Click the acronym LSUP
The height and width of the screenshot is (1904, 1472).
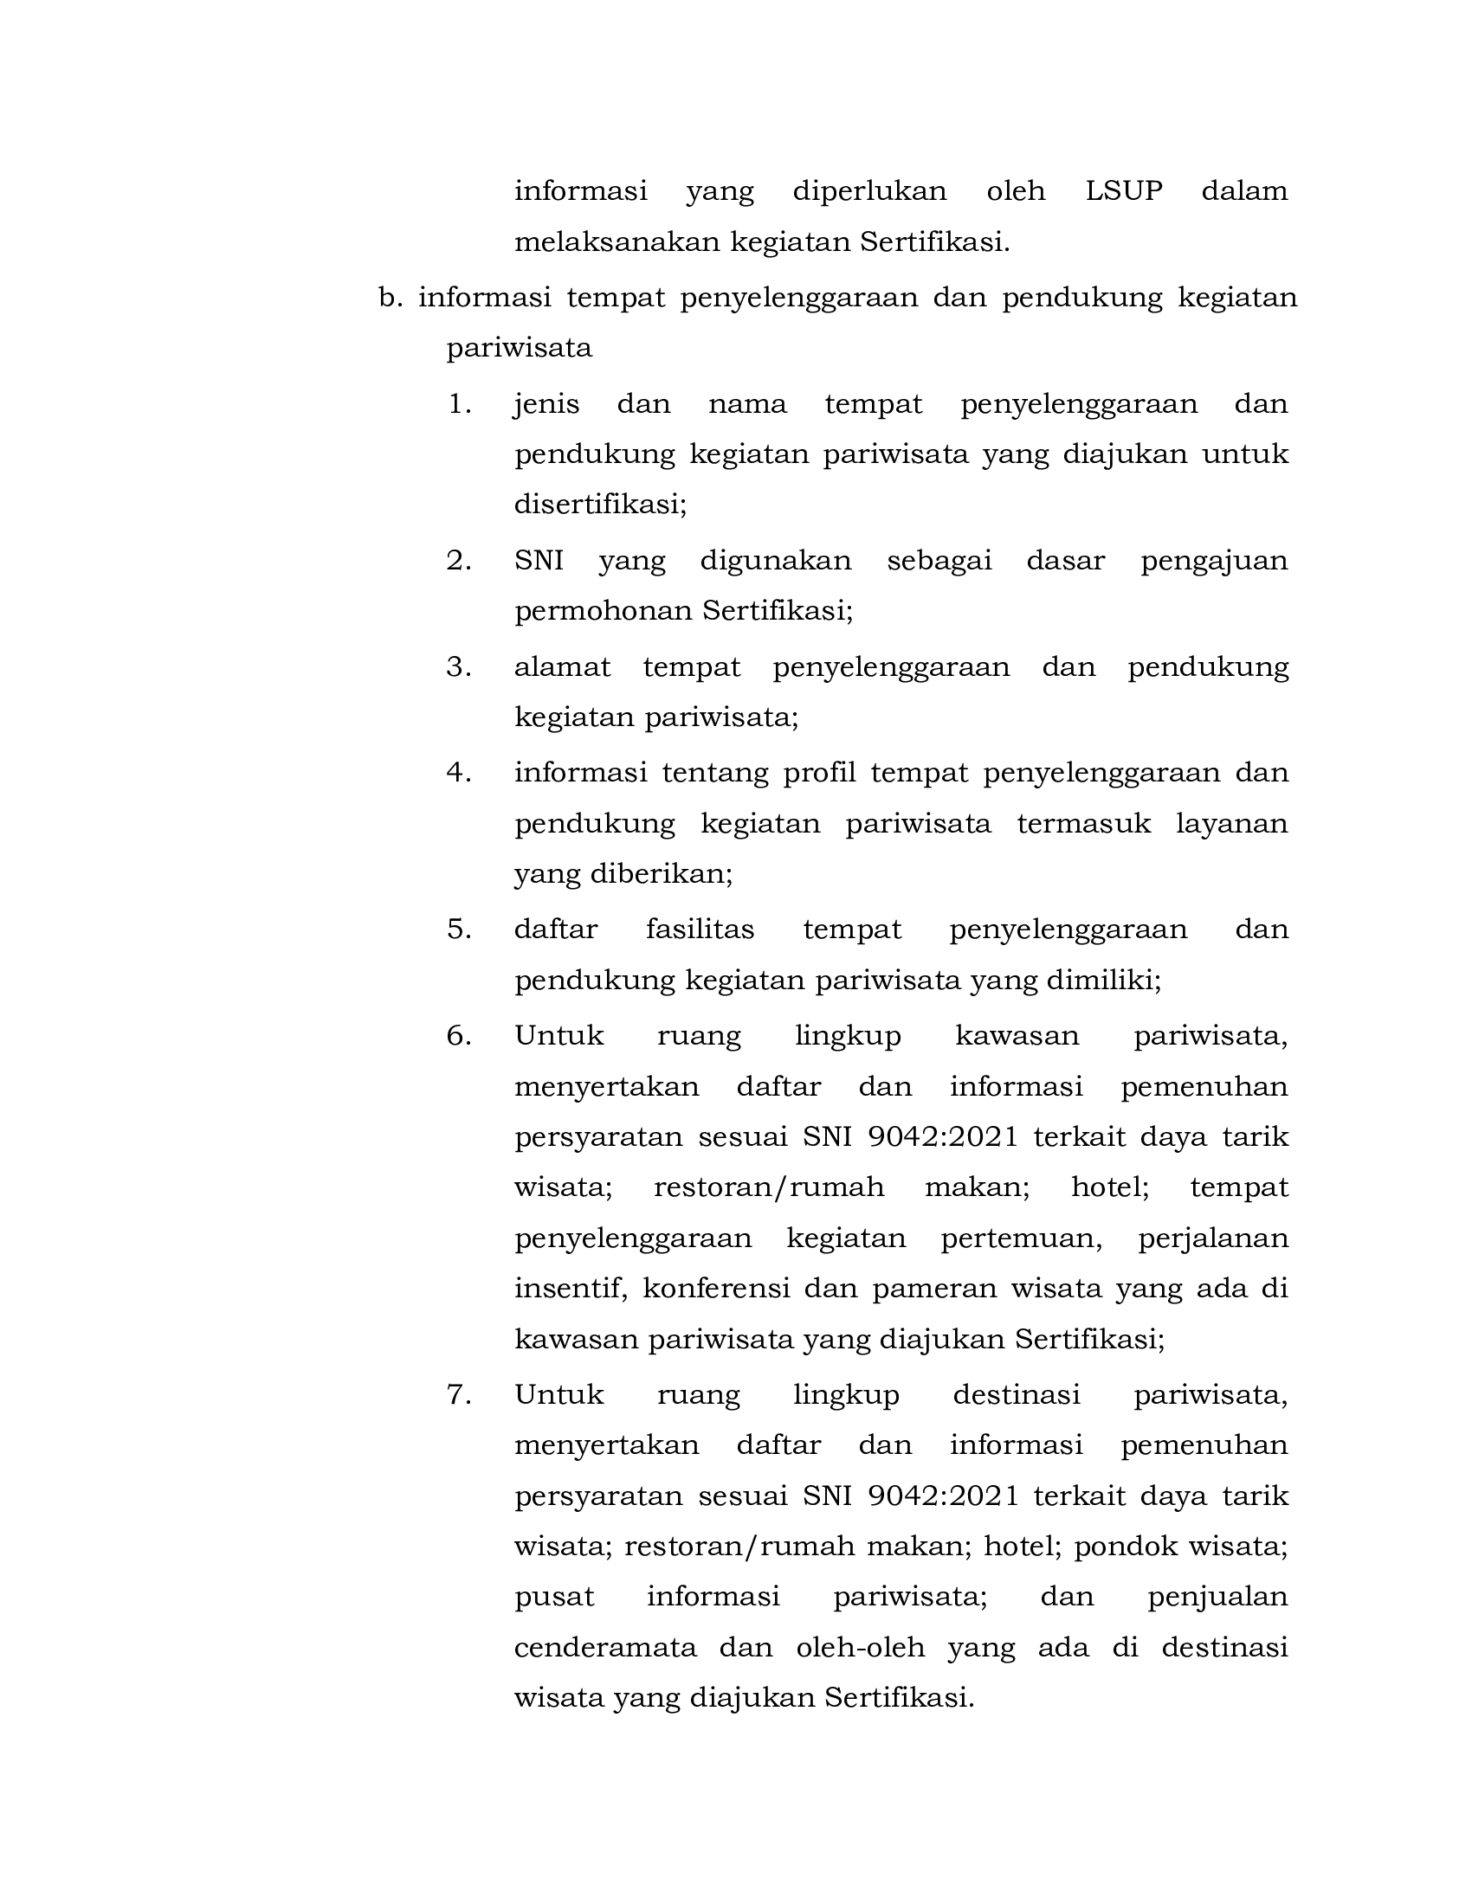(x=1123, y=191)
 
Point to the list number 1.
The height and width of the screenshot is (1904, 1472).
(x=459, y=404)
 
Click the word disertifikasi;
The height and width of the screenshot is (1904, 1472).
(x=600, y=504)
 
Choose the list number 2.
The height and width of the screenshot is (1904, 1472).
(x=459, y=561)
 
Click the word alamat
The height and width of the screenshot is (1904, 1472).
(x=563, y=667)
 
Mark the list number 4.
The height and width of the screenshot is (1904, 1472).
(x=459, y=773)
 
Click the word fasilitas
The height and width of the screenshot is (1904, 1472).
(x=700, y=929)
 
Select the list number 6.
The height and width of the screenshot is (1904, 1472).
(x=459, y=1036)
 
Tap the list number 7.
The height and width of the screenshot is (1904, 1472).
(x=459, y=1395)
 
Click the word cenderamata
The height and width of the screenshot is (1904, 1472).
(x=605, y=1648)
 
